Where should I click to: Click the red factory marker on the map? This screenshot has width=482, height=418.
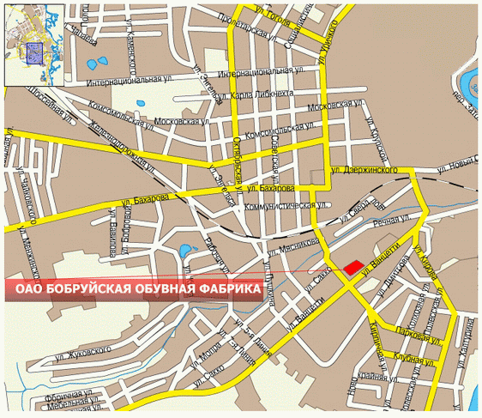[352, 268]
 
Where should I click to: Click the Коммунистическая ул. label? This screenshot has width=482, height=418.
[286, 206]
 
